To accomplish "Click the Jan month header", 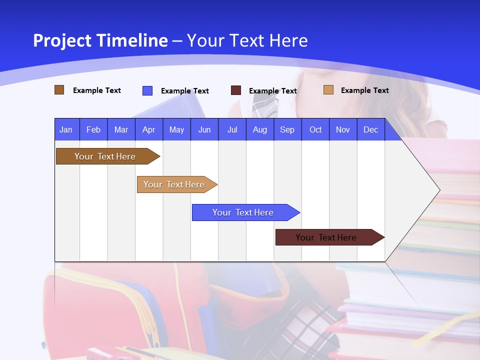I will tap(66, 129).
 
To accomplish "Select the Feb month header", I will tap(93, 129).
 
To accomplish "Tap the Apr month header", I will tap(148, 129).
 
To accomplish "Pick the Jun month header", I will tap(204, 129).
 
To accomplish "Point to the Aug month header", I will tap(259, 129).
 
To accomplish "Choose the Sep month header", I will tap(287, 129).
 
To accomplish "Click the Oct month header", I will tap(315, 129).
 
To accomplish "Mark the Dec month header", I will tap(370, 129).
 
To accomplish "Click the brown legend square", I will tap(59, 90).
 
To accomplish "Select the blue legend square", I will tap(147, 90).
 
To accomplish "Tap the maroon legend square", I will tap(236, 90).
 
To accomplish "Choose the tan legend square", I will tap(328, 90).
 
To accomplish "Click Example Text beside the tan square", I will tap(364, 90).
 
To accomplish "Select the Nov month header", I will tap(343, 129).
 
